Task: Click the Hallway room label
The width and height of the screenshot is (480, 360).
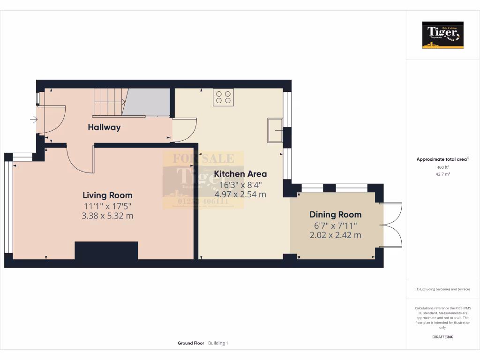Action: pos(104,127)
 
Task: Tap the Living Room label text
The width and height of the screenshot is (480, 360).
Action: pos(107,195)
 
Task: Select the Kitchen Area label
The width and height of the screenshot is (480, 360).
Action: pos(240,174)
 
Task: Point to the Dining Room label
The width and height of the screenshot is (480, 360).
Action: pos(335,215)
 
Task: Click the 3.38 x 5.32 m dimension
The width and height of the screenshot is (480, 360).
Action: pos(107,216)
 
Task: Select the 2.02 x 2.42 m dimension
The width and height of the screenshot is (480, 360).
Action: pos(335,235)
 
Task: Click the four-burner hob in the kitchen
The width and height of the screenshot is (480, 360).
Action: pos(223,97)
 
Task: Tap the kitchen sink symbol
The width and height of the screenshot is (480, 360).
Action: pos(275,130)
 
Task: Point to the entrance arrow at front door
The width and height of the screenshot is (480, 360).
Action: pos(34,120)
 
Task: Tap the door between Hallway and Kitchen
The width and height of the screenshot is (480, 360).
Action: pos(185,129)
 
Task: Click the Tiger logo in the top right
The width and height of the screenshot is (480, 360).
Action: pos(442,35)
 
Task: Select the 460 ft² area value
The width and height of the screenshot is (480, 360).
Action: pos(442,167)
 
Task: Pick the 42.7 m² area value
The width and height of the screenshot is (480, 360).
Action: pos(442,174)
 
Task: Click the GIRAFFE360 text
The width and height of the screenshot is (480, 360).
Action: pos(442,337)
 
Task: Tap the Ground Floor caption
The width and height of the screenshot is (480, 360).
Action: pos(191,343)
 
